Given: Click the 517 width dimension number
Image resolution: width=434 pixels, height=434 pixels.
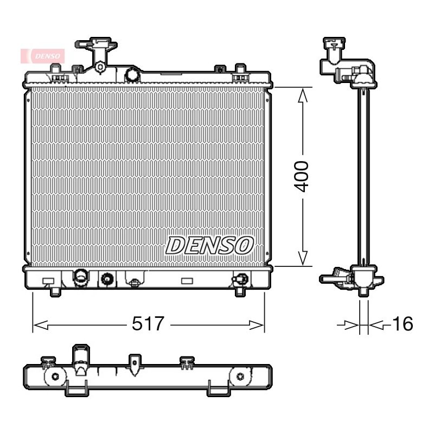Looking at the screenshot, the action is [148, 323].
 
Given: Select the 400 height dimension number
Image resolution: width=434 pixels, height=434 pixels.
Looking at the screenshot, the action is [301, 177].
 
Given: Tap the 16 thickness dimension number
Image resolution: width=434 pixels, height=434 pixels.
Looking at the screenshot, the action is [403, 323].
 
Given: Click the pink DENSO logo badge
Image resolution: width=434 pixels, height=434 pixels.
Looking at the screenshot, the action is [43, 56].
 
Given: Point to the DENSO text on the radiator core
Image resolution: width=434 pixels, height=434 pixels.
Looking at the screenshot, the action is [209, 246].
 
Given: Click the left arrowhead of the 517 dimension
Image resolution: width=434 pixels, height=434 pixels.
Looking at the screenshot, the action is [40, 325].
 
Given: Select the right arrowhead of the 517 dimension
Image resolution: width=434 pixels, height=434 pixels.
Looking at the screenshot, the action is [257, 325].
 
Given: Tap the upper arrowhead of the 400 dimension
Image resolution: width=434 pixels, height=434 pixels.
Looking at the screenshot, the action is [303, 95].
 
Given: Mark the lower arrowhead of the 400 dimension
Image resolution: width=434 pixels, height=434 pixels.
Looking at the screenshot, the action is [303, 258].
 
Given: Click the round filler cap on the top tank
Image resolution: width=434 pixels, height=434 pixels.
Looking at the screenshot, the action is [133, 74].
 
